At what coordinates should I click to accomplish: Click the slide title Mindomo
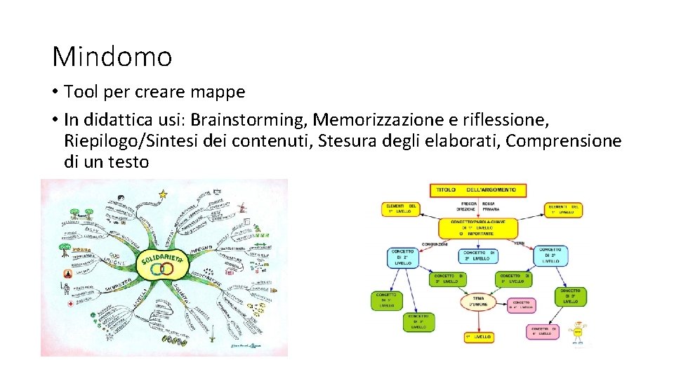tap(112, 57)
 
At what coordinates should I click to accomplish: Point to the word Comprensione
tap(563, 141)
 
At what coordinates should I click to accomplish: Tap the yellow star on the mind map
tap(164, 193)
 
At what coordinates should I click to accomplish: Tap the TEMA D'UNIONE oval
tap(479, 302)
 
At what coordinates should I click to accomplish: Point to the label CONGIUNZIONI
tap(434, 244)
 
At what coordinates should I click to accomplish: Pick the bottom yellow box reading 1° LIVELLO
tap(479, 337)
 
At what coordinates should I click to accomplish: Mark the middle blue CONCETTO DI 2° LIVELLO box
tap(477, 256)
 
